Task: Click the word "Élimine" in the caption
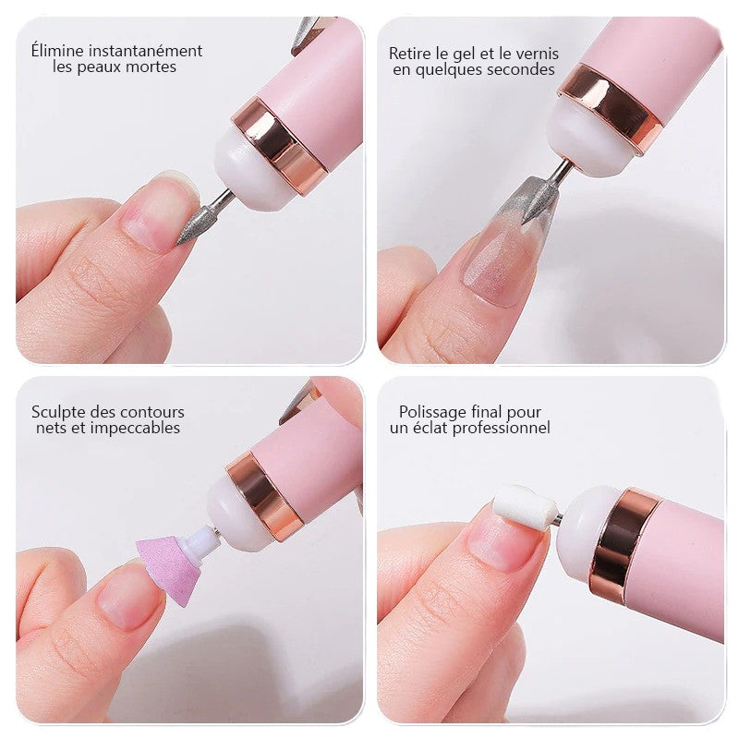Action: [x=57, y=51]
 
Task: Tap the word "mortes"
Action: [x=152, y=67]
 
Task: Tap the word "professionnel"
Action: [x=503, y=429]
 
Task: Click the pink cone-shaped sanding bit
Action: [x=167, y=568]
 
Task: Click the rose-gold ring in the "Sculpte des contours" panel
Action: [x=265, y=495]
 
